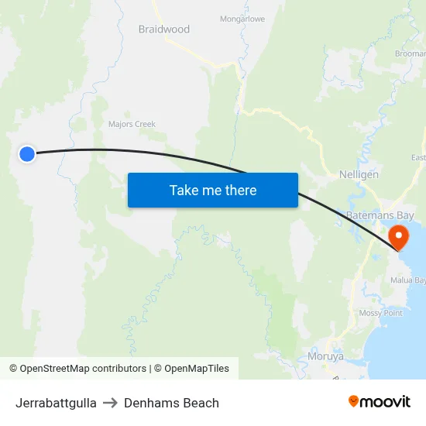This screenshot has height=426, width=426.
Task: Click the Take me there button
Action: coord(212,190)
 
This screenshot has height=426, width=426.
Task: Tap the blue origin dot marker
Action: coord(27,153)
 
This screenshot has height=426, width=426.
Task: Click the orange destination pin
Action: coord(399,235)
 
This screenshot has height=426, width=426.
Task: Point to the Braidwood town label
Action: coord(163,29)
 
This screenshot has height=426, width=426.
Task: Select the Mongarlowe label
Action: coord(242,19)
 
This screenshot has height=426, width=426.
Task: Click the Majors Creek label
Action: coord(132,124)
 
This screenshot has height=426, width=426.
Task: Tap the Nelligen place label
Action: coord(359,175)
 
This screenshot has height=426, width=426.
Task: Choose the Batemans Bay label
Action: coord(380,215)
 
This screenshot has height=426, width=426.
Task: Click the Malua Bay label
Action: coord(408,280)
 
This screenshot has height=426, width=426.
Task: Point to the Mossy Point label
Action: coord(380,313)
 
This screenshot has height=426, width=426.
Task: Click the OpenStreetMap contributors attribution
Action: coord(77,369)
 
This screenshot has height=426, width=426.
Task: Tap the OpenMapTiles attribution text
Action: coord(191,369)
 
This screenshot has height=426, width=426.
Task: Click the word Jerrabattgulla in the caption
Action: coord(56,403)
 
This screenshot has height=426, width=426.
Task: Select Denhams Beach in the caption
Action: coord(171,403)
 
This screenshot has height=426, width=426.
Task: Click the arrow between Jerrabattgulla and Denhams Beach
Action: coord(110,403)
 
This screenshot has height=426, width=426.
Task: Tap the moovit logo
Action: coord(380,401)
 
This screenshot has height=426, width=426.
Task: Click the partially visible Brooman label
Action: coord(411,53)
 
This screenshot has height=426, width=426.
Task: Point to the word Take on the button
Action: coord(183,190)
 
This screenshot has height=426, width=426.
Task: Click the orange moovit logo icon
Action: coord(354,401)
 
